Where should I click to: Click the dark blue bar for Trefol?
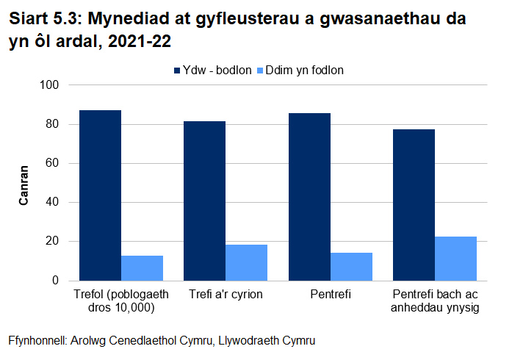100,195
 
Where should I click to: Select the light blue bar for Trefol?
142,268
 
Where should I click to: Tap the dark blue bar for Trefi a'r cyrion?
204,201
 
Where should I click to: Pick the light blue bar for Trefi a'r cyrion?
246,262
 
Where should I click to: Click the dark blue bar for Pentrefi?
309,197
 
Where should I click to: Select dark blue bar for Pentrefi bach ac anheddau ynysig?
414,205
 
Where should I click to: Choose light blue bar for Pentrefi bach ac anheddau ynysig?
455,259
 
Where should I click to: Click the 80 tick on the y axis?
51,124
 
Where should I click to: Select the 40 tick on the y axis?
51,202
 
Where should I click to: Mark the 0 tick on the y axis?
54,281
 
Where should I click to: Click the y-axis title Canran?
24,183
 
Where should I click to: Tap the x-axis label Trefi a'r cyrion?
226,295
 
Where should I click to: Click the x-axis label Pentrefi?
330,295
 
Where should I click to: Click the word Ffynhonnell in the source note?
37,342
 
